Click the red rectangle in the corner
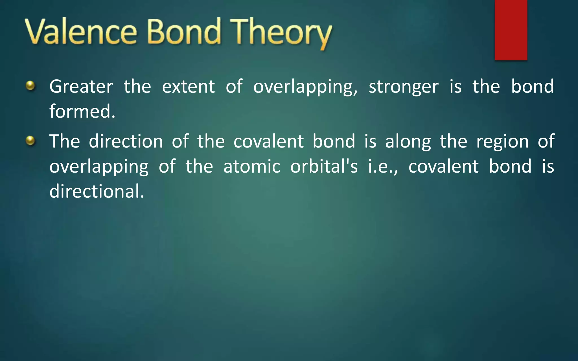(x=511, y=30)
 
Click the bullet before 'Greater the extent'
(x=30, y=85)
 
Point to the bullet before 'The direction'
(x=30, y=140)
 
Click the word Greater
(x=81, y=87)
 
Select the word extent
(x=188, y=87)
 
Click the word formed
(x=82, y=111)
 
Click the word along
(x=408, y=142)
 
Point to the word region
(x=502, y=142)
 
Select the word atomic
(x=252, y=166)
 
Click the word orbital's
(x=324, y=166)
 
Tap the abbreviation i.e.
(x=382, y=166)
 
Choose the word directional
(x=97, y=191)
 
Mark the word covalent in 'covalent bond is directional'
(x=443, y=166)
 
